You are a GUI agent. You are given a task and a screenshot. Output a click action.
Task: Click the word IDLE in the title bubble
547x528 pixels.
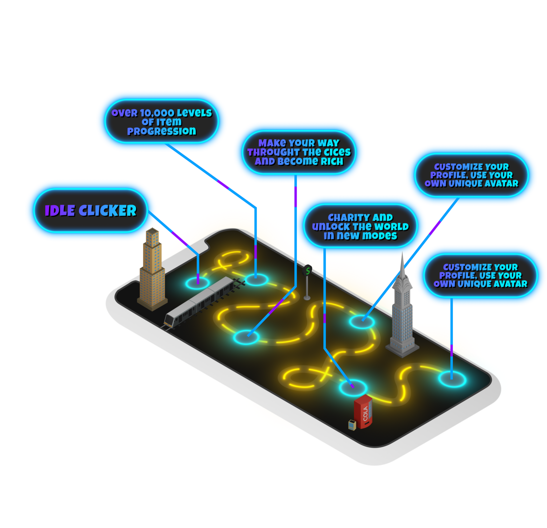60,211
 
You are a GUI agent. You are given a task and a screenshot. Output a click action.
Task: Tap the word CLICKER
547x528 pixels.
107,211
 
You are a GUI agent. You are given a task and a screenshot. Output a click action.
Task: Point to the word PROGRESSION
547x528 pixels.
161,131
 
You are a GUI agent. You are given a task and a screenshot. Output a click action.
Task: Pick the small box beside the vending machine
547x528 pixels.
352,425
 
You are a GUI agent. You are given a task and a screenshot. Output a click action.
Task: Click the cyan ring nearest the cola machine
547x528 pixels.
353,387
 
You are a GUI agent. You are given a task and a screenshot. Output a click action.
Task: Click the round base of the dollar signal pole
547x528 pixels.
307,298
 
